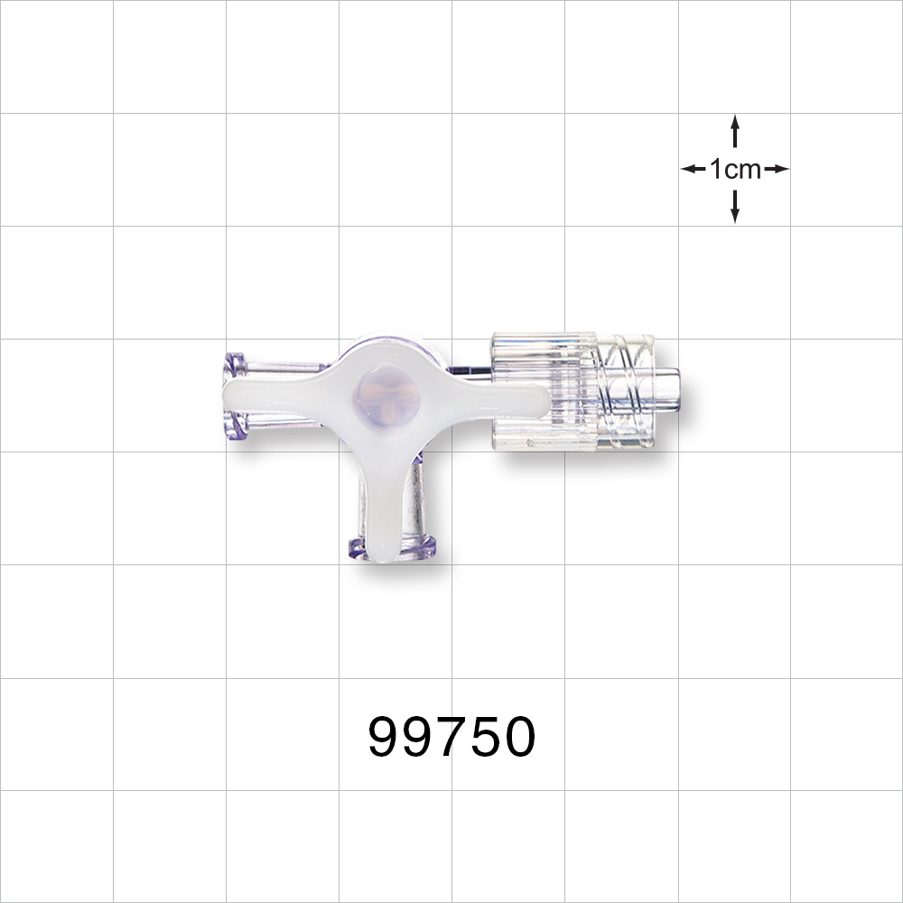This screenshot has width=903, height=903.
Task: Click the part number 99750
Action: (451, 738)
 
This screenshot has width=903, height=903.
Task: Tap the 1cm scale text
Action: (735, 169)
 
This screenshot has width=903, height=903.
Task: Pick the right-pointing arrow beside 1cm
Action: (776, 169)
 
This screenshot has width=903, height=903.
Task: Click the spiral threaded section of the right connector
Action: (623, 393)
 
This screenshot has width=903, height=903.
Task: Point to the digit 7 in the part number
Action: (451, 738)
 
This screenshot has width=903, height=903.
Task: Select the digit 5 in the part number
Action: (486, 738)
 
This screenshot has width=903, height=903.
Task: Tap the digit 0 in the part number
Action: (519, 738)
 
